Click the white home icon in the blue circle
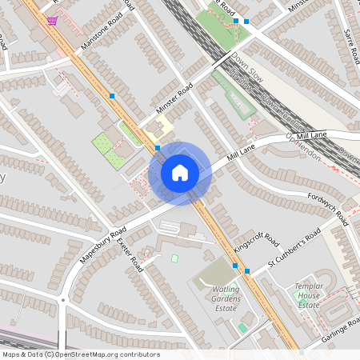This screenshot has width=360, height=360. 180,173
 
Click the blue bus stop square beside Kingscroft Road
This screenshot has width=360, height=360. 246,271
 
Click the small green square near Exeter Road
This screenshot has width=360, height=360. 174,258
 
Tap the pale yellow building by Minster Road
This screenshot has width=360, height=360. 163,126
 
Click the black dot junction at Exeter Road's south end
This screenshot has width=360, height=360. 62,301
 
